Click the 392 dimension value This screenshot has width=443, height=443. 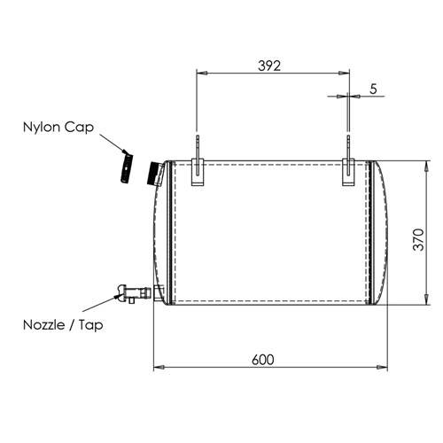(269, 66)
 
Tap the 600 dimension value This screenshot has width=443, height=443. (263, 360)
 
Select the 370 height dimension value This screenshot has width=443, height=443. (418, 239)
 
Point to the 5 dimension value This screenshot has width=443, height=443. (373, 89)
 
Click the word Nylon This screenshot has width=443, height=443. (42, 128)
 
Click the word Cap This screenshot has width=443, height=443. (79, 128)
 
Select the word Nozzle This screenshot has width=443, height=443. (44, 325)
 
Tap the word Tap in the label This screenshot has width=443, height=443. (91, 326)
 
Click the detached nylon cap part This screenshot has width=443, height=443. (127, 167)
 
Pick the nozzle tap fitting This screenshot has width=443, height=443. (135, 293)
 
